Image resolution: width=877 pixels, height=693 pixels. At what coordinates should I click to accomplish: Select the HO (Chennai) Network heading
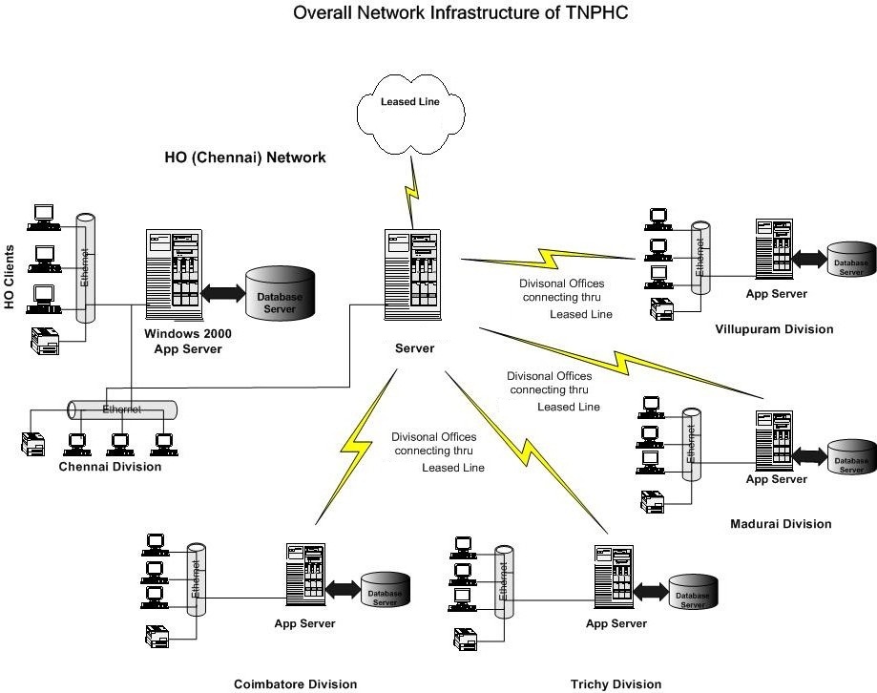click(x=246, y=157)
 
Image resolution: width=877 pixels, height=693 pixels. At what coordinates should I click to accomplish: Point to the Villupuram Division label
click(x=774, y=329)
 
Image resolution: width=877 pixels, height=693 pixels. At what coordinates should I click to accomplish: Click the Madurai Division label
click(x=781, y=523)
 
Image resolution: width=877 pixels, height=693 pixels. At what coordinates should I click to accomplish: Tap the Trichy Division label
click(x=616, y=683)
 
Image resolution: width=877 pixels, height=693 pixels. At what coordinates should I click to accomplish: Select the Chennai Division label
click(x=110, y=467)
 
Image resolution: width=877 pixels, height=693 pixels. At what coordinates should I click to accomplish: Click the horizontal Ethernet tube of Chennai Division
click(x=122, y=409)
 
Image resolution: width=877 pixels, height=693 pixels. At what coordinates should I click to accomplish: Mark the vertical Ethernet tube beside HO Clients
click(x=85, y=268)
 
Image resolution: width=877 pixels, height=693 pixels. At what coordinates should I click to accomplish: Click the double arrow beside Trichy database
click(x=652, y=592)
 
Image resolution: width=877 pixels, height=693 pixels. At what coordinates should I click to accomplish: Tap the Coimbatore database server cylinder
click(x=385, y=592)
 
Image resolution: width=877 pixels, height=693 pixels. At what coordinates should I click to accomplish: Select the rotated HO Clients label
click(x=10, y=277)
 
